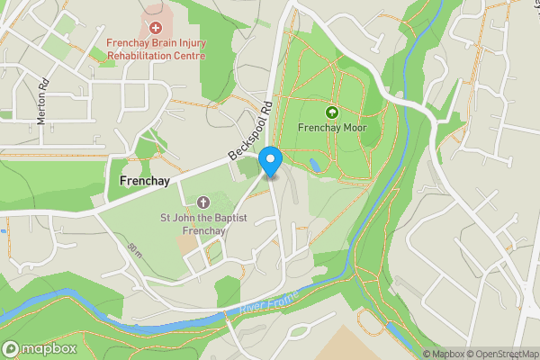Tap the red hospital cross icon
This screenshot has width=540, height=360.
point(156,28)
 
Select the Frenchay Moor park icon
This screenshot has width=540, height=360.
point(332,112)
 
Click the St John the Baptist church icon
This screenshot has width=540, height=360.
point(202,202)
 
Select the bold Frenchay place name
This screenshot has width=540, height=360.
point(144,182)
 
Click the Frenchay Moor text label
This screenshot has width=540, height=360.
point(332,128)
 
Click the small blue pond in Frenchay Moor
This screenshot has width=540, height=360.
point(313,166)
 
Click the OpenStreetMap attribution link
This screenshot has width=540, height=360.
point(503,354)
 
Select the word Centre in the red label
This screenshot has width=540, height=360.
point(188,56)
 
